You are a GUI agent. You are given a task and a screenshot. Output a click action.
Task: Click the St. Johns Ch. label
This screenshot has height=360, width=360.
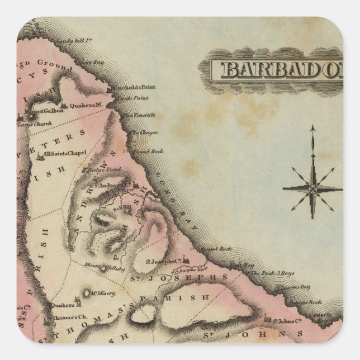pos(291,321)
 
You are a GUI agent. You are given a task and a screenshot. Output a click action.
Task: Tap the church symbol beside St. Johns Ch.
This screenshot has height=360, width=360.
pos(274,320)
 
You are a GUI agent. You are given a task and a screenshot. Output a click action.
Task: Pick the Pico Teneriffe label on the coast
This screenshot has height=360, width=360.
pos(141,115)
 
